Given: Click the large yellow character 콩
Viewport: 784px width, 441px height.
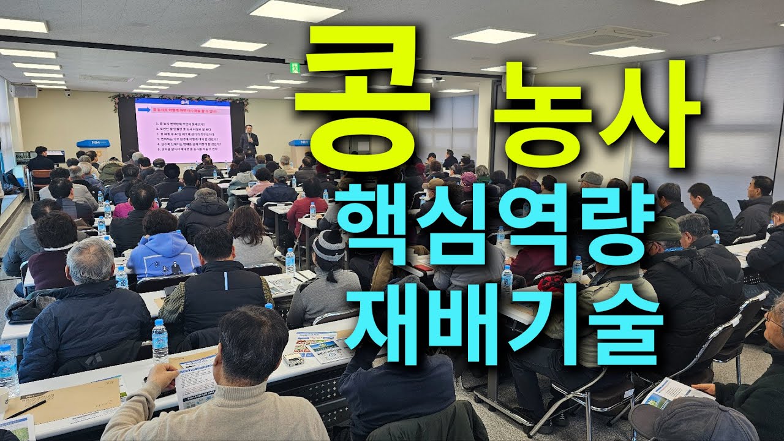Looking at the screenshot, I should coord(363,98).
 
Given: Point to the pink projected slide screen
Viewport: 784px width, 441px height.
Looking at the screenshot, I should coord(183,129).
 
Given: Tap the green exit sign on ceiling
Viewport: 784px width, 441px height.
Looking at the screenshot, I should coord(295,67).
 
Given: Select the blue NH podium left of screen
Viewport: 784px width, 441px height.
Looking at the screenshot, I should coord(93,145).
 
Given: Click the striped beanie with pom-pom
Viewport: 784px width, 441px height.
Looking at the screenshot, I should coord(328,246).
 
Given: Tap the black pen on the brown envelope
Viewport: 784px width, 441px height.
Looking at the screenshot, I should coord(27,409).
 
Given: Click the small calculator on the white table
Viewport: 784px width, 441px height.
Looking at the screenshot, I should coord(293,359).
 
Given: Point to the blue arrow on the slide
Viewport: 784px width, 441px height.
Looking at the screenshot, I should coord(145,110).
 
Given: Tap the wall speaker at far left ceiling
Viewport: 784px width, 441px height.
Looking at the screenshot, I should coord(24,91).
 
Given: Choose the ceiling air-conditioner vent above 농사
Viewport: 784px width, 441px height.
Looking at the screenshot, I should coord(603,37).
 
